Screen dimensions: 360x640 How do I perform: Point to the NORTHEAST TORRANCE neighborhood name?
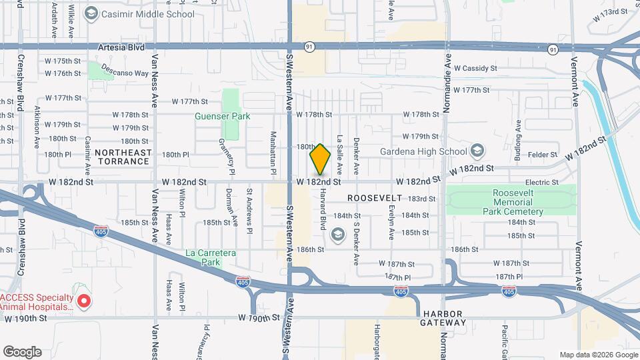(x=123, y=157)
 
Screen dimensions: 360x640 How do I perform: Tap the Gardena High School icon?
(x=477, y=151)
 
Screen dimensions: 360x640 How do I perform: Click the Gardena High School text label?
(x=423, y=151)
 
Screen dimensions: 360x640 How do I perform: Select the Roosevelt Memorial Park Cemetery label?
(x=511, y=202)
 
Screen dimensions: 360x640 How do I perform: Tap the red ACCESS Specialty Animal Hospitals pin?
(x=84, y=301)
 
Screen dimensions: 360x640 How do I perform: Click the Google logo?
(x=22, y=352)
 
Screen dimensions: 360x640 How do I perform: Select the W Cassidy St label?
(x=475, y=68)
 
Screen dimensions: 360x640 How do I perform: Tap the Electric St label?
(x=541, y=182)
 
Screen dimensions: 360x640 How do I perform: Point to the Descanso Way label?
(x=125, y=73)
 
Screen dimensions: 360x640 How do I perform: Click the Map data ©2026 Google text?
(x=598, y=355)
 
